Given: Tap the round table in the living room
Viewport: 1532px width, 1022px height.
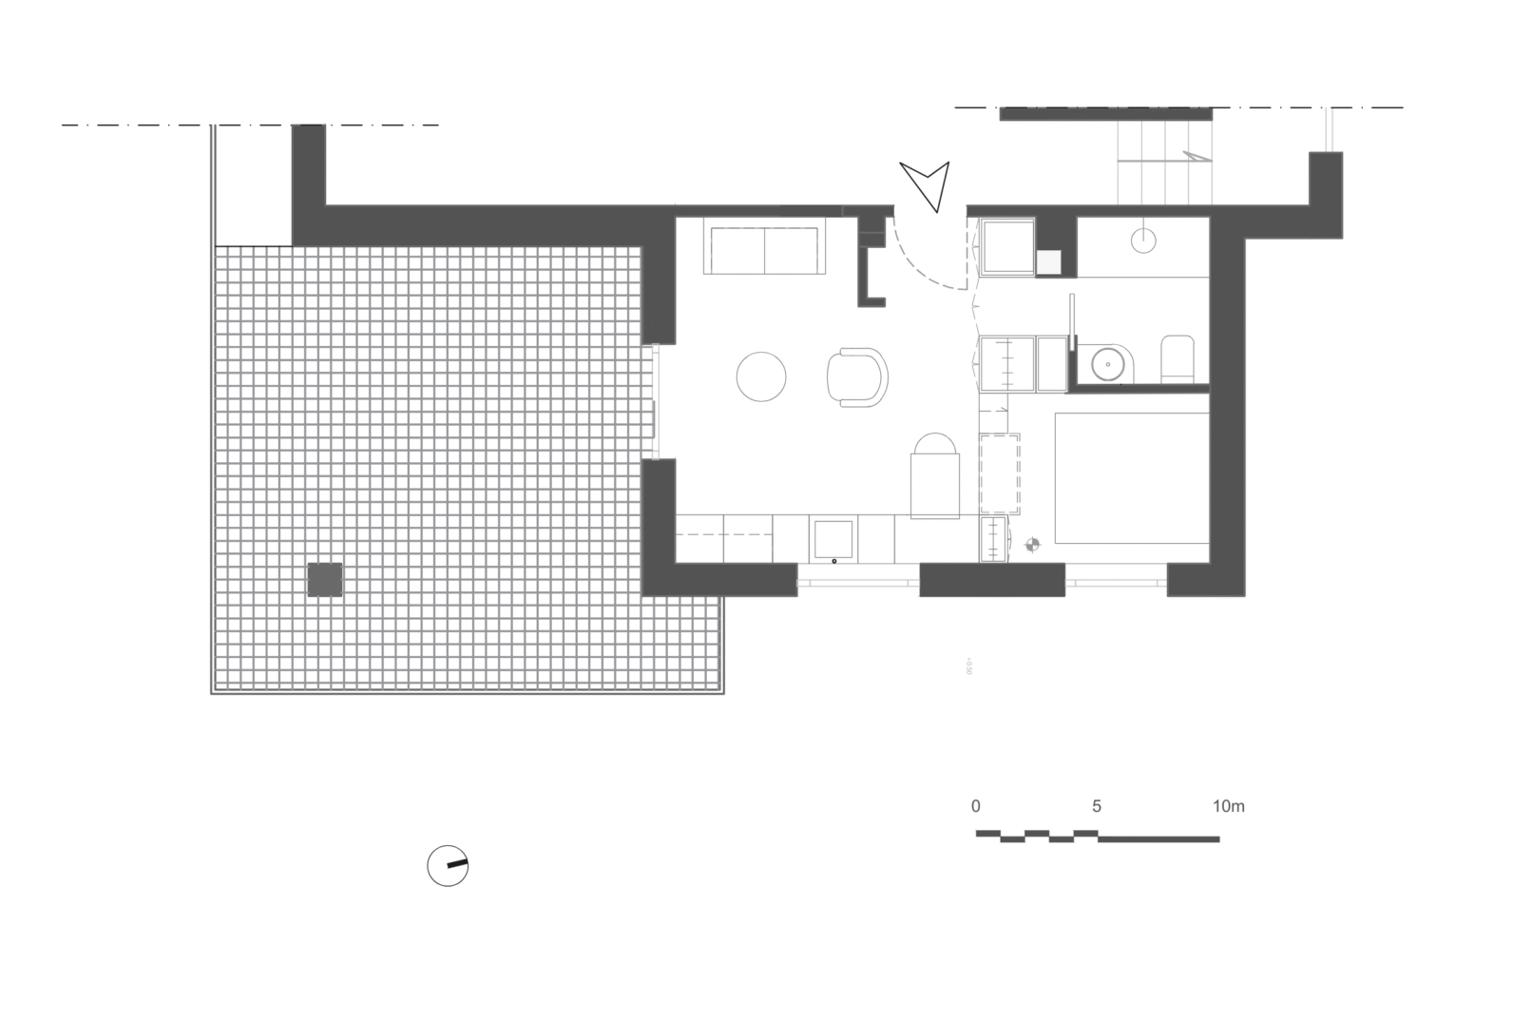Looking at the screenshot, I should pyautogui.click(x=761, y=376).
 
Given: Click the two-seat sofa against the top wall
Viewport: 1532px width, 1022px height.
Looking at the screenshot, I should pyautogui.click(x=764, y=250).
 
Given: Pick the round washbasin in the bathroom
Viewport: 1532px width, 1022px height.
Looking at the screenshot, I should pyautogui.click(x=1109, y=362).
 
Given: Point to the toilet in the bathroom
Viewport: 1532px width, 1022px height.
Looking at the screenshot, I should pyautogui.click(x=1177, y=359).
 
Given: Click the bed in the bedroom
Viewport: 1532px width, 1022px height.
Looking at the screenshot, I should pyautogui.click(x=1131, y=477).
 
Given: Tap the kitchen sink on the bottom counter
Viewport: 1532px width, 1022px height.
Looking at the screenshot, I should pyautogui.click(x=833, y=540).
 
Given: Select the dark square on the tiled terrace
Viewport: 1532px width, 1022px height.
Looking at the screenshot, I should pyautogui.click(x=324, y=580).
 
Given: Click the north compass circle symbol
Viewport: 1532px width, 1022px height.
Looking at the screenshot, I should pyautogui.click(x=448, y=865).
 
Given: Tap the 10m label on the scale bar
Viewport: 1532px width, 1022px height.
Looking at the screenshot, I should pyautogui.click(x=1228, y=807).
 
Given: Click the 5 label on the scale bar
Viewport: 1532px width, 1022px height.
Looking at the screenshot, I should pyautogui.click(x=1097, y=807).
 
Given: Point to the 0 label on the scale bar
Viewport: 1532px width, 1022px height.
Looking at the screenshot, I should pyautogui.click(x=976, y=807).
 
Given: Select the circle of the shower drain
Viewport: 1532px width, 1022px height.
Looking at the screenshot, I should pyautogui.click(x=1143, y=241).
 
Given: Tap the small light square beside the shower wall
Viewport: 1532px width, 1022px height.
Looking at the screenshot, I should pyautogui.click(x=1048, y=262).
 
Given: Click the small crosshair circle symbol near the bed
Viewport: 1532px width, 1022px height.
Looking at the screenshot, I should pyautogui.click(x=1033, y=545).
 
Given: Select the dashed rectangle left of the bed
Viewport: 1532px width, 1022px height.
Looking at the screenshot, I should pyautogui.click(x=1000, y=473).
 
